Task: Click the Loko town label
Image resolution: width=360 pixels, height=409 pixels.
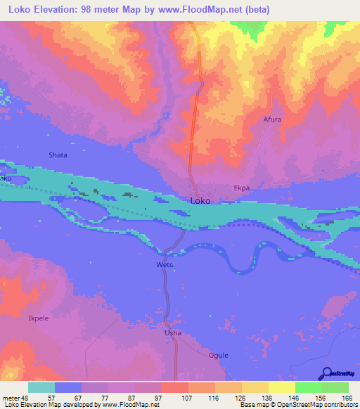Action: click(200, 200)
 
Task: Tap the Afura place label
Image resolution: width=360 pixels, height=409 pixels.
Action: click(272, 119)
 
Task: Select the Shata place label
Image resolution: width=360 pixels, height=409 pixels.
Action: click(58, 155)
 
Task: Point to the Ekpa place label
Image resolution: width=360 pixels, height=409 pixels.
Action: click(242, 188)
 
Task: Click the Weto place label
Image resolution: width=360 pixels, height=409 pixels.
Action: click(164, 265)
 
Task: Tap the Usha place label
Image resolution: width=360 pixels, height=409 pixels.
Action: click(172, 332)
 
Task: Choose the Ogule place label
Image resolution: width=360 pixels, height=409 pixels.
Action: click(219, 355)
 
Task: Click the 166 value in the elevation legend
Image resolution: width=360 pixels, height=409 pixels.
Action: click(347, 398)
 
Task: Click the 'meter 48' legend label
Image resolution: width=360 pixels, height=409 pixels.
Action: click(14, 398)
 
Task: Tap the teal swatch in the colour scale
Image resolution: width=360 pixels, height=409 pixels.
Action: click(41, 387)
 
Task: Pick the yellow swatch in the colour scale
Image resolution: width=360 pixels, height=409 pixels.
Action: click(281, 387)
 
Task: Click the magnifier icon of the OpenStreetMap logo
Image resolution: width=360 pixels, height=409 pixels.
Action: click(326, 374)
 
